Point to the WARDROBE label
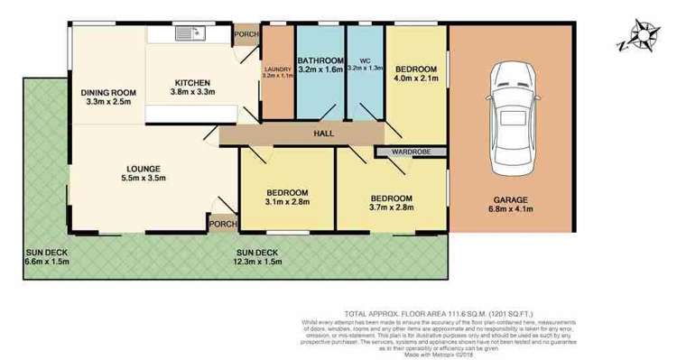click(410, 152)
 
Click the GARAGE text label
click(511, 199)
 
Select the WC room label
click(365, 60)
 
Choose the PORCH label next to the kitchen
click(245, 35)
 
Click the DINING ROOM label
click(107, 93)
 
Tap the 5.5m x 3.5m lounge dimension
click(144, 178)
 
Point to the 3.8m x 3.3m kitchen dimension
click(193, 92)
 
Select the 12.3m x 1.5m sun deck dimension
click(258, 263)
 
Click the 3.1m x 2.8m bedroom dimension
click(287, 202)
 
